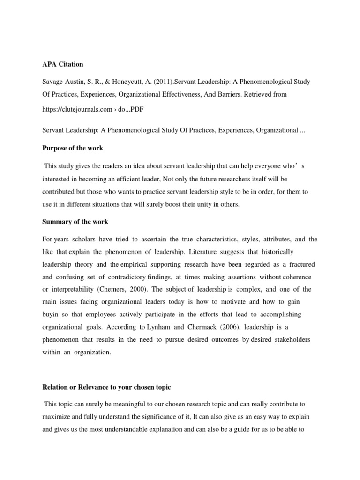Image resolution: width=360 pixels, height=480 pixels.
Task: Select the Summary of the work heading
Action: click(x=75, y=222)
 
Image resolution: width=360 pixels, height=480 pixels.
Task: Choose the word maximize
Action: click(x=57, y=416)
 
